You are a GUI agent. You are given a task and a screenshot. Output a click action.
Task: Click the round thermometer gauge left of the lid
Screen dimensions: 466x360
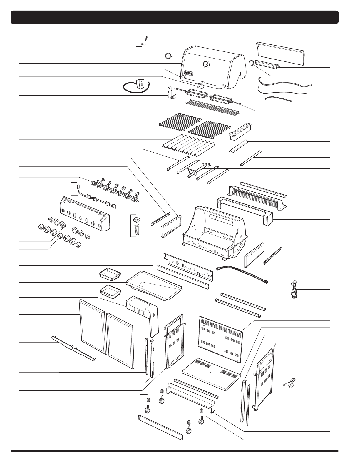tap(168, 56)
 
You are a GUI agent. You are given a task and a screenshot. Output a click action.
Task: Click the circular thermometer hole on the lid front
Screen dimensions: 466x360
tap(206, 64)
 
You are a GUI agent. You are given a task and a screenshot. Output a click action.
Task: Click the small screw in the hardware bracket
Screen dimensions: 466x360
tap(143, 44)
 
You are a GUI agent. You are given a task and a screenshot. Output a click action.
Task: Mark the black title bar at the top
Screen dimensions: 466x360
tap(175, 17)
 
